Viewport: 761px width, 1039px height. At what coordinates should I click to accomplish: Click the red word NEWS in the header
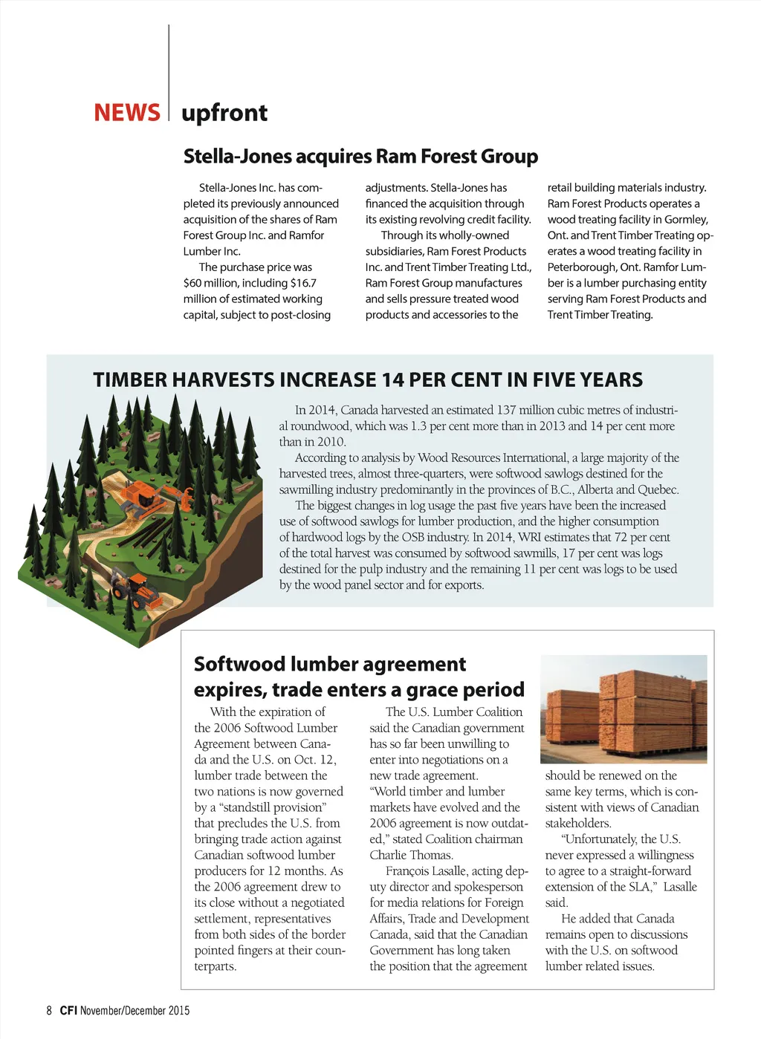click(x=126, y=113)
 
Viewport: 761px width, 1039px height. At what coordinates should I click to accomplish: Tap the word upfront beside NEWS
click(x=224, y=113)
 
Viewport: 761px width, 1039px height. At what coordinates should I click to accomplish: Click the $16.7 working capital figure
click(x=303, y=283)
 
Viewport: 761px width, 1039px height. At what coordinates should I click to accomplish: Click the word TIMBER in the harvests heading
click(x=130, y=380)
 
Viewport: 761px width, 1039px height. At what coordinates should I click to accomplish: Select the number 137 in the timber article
click(x=506, y=410)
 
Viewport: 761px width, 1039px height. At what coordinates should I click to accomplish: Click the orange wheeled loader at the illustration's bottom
click(x=135, y=589)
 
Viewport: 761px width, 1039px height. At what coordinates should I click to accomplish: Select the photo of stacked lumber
click(x=624, y=709)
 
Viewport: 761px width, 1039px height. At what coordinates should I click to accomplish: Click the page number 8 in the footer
click(x=49, y=1011)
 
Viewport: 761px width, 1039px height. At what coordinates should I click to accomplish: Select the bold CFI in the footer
click(x=68, y=1011)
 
